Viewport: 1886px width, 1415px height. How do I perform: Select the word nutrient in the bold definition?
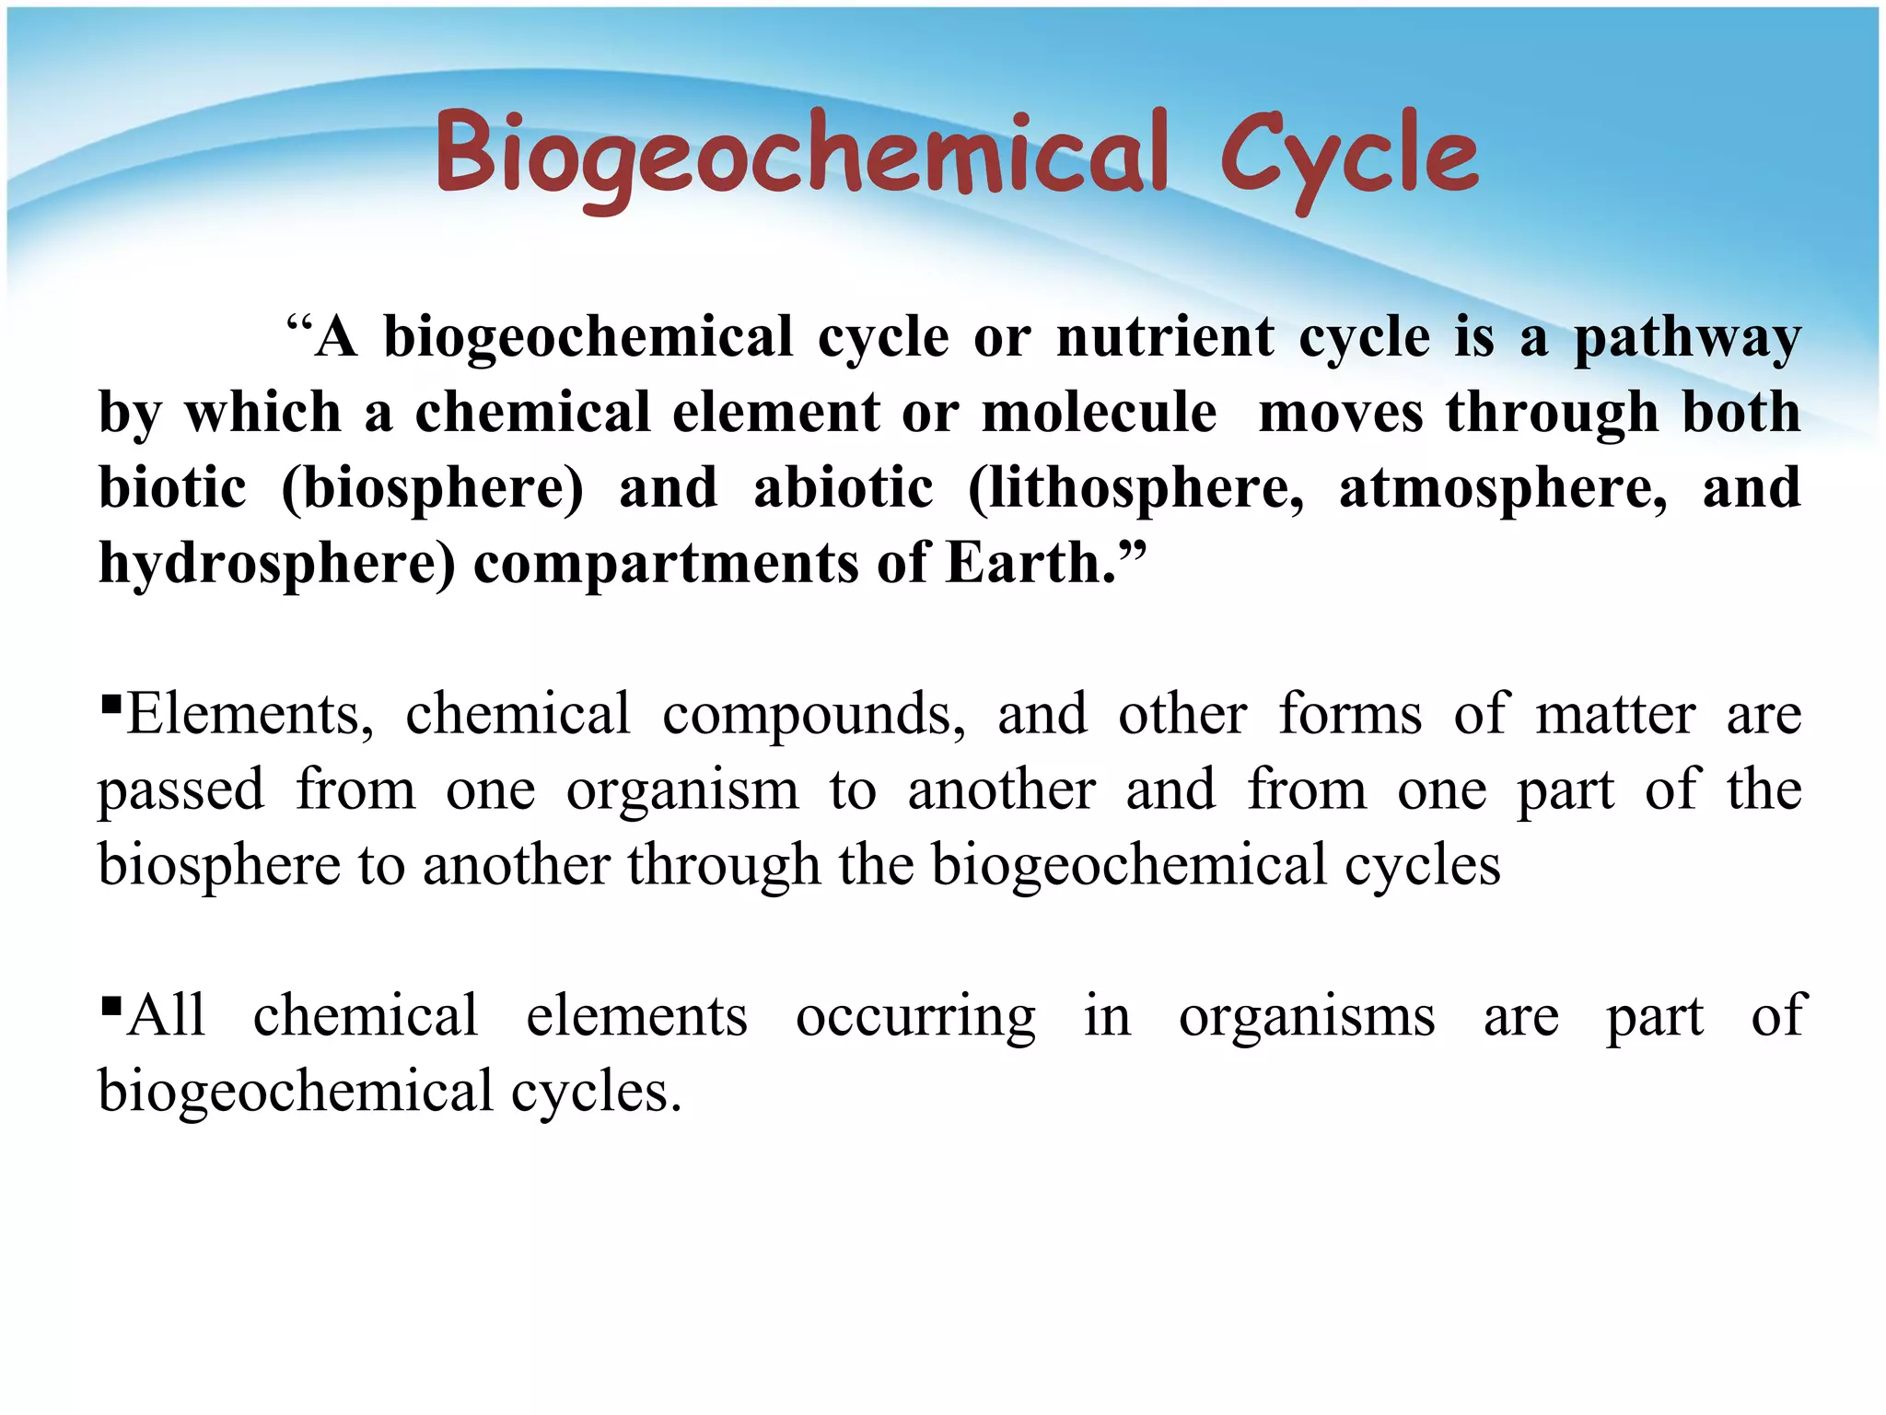point(1165,337)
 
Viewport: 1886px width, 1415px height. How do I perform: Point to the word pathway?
point(1687,339)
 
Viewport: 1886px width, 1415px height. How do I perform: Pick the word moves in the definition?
point(1341,413)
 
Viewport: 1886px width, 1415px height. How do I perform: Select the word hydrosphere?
point(276,564)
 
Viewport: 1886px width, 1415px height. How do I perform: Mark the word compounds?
point(814,715)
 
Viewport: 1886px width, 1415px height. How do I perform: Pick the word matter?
point(1615,715)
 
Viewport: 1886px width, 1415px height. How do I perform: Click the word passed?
point(181,791)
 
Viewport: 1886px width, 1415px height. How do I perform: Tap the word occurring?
point(915,1017)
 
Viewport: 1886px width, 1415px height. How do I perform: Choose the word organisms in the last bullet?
point(1307,1017)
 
